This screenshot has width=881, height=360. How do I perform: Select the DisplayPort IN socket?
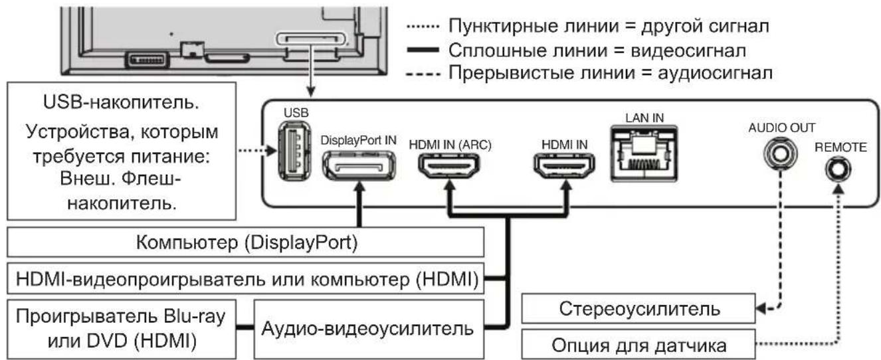(x=359, y=164)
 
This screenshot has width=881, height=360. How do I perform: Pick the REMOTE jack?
(x=836, y=171)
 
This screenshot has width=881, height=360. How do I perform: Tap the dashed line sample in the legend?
(x=421, y=72)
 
